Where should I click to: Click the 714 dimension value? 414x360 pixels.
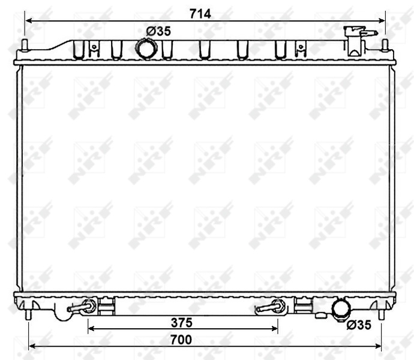[x=201, y=13]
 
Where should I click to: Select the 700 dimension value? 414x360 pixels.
[x=180, y=340]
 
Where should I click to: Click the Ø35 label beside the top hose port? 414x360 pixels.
[x=159, y=31]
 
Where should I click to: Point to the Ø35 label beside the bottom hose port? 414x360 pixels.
[x=359, y=325]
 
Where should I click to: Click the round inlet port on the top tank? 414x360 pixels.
[x=145, y=47]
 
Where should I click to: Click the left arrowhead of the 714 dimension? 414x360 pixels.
[x=28, y=20]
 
